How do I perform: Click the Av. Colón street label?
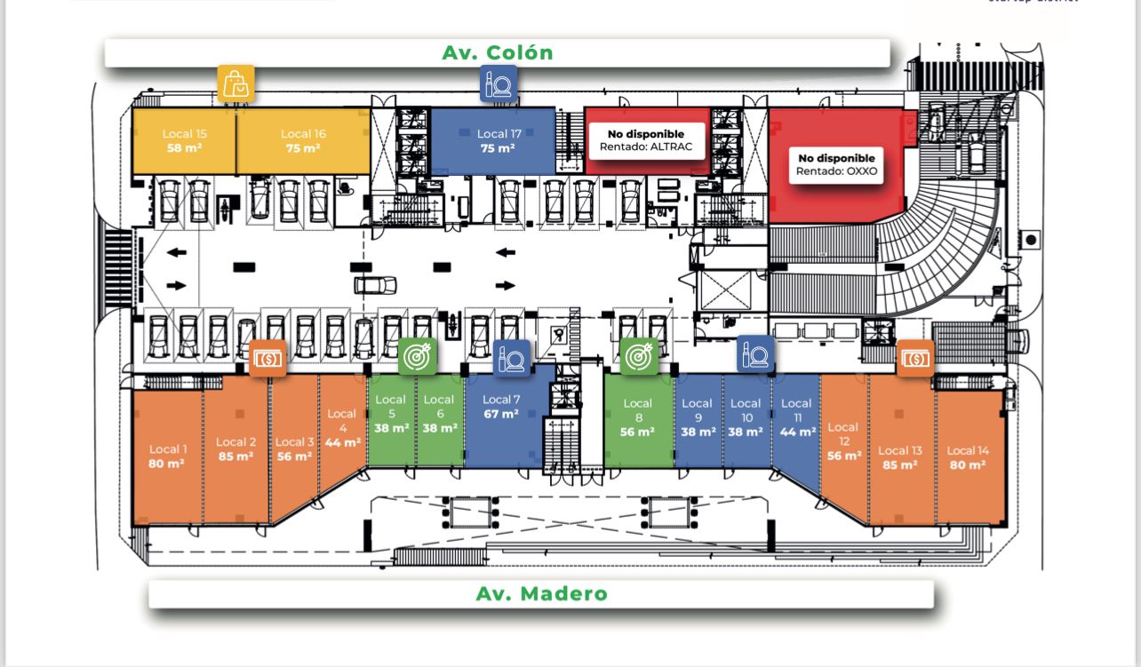[498, 52]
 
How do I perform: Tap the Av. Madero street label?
[541, 593]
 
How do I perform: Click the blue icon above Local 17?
[499, 84]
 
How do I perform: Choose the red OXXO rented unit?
[835, 164]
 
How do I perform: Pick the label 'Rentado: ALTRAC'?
[646, 147]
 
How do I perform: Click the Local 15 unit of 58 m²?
[184, 140]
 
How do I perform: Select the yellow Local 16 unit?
[303, 140]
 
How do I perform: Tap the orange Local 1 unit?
[168, 456]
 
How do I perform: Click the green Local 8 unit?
[638, 417]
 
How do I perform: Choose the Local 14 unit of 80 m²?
[967, 457]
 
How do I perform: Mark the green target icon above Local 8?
[638, 356]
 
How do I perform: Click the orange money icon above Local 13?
[914, 359]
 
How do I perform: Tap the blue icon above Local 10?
[755, 354]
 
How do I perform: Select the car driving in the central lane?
[375, 285]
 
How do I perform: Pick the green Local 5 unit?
[390, 414]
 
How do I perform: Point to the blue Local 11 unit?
[796, 417]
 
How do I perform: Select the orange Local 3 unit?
[295, 449]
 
